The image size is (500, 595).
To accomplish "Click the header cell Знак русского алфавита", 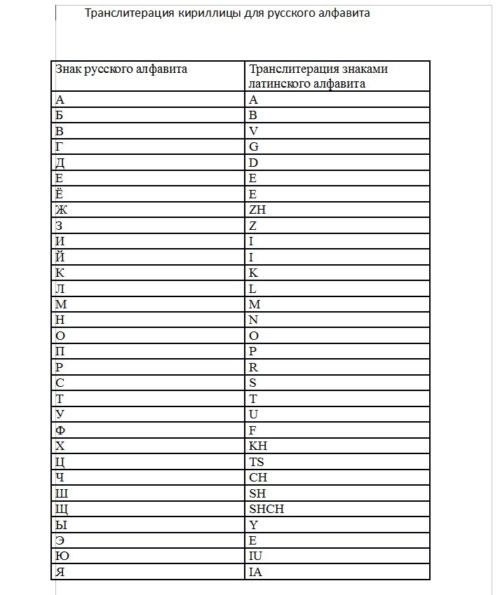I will (121, 69).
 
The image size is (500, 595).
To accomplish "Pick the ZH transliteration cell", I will (257, 210).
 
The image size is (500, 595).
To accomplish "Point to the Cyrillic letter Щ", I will (61, 509).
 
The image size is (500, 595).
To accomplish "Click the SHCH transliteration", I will (266, 509).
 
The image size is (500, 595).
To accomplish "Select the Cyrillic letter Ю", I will (61, 556).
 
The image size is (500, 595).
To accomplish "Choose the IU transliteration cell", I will (256, 556).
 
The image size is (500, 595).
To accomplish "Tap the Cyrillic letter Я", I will (60, 572).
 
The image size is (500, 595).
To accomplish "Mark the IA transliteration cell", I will (255, 572).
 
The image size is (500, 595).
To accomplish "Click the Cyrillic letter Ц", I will (60, 462).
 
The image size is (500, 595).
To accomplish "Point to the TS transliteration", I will (257, 462).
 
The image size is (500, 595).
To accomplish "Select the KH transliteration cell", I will (258, 446).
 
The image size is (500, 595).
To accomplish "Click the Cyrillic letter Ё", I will (59, 193).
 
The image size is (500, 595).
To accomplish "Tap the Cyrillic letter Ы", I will (60, 525).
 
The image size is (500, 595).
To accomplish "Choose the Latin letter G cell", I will (254, 146).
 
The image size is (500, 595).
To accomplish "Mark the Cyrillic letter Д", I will (60, 163).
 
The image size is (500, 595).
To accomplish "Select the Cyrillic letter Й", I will (60, 257).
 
